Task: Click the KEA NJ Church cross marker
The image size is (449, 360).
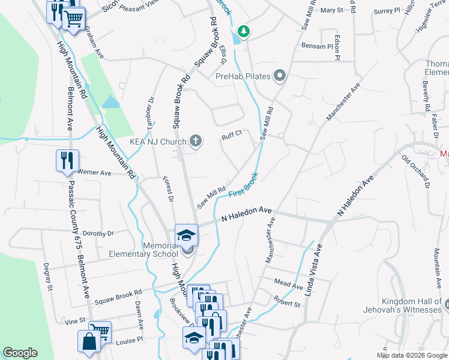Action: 195,142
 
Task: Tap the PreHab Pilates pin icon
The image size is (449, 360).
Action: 279,76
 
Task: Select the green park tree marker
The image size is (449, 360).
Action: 244,31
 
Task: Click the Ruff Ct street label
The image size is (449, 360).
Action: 231,135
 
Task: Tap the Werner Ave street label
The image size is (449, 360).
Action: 95,173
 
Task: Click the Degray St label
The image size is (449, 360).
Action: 47,279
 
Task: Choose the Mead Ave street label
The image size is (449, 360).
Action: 288,285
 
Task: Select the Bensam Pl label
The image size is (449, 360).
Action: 317,46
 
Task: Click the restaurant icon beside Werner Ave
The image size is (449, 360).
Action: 67,160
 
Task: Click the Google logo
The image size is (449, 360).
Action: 20,353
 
